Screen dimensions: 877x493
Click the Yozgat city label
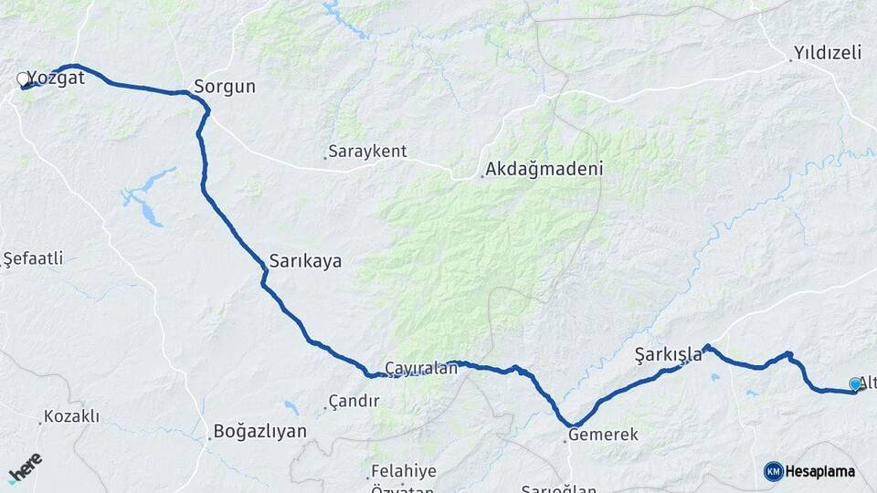pos(57,78)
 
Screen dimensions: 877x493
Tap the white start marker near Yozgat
pos(23,79)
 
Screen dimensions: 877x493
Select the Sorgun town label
pos(224,88)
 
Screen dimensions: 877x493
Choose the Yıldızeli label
pos(828,52)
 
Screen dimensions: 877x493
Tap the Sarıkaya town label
pos(305,261)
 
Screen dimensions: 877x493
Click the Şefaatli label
pos(34,258)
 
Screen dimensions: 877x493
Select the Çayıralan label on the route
pos(420,367)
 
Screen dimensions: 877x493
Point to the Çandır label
pos(353,402)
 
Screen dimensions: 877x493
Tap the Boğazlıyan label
pos(259,432)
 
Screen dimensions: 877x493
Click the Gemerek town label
pos(603,435)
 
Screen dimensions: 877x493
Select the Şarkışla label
pos(668,354)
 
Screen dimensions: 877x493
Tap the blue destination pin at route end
pos(854,385)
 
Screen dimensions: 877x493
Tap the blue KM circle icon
pos(774,471)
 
